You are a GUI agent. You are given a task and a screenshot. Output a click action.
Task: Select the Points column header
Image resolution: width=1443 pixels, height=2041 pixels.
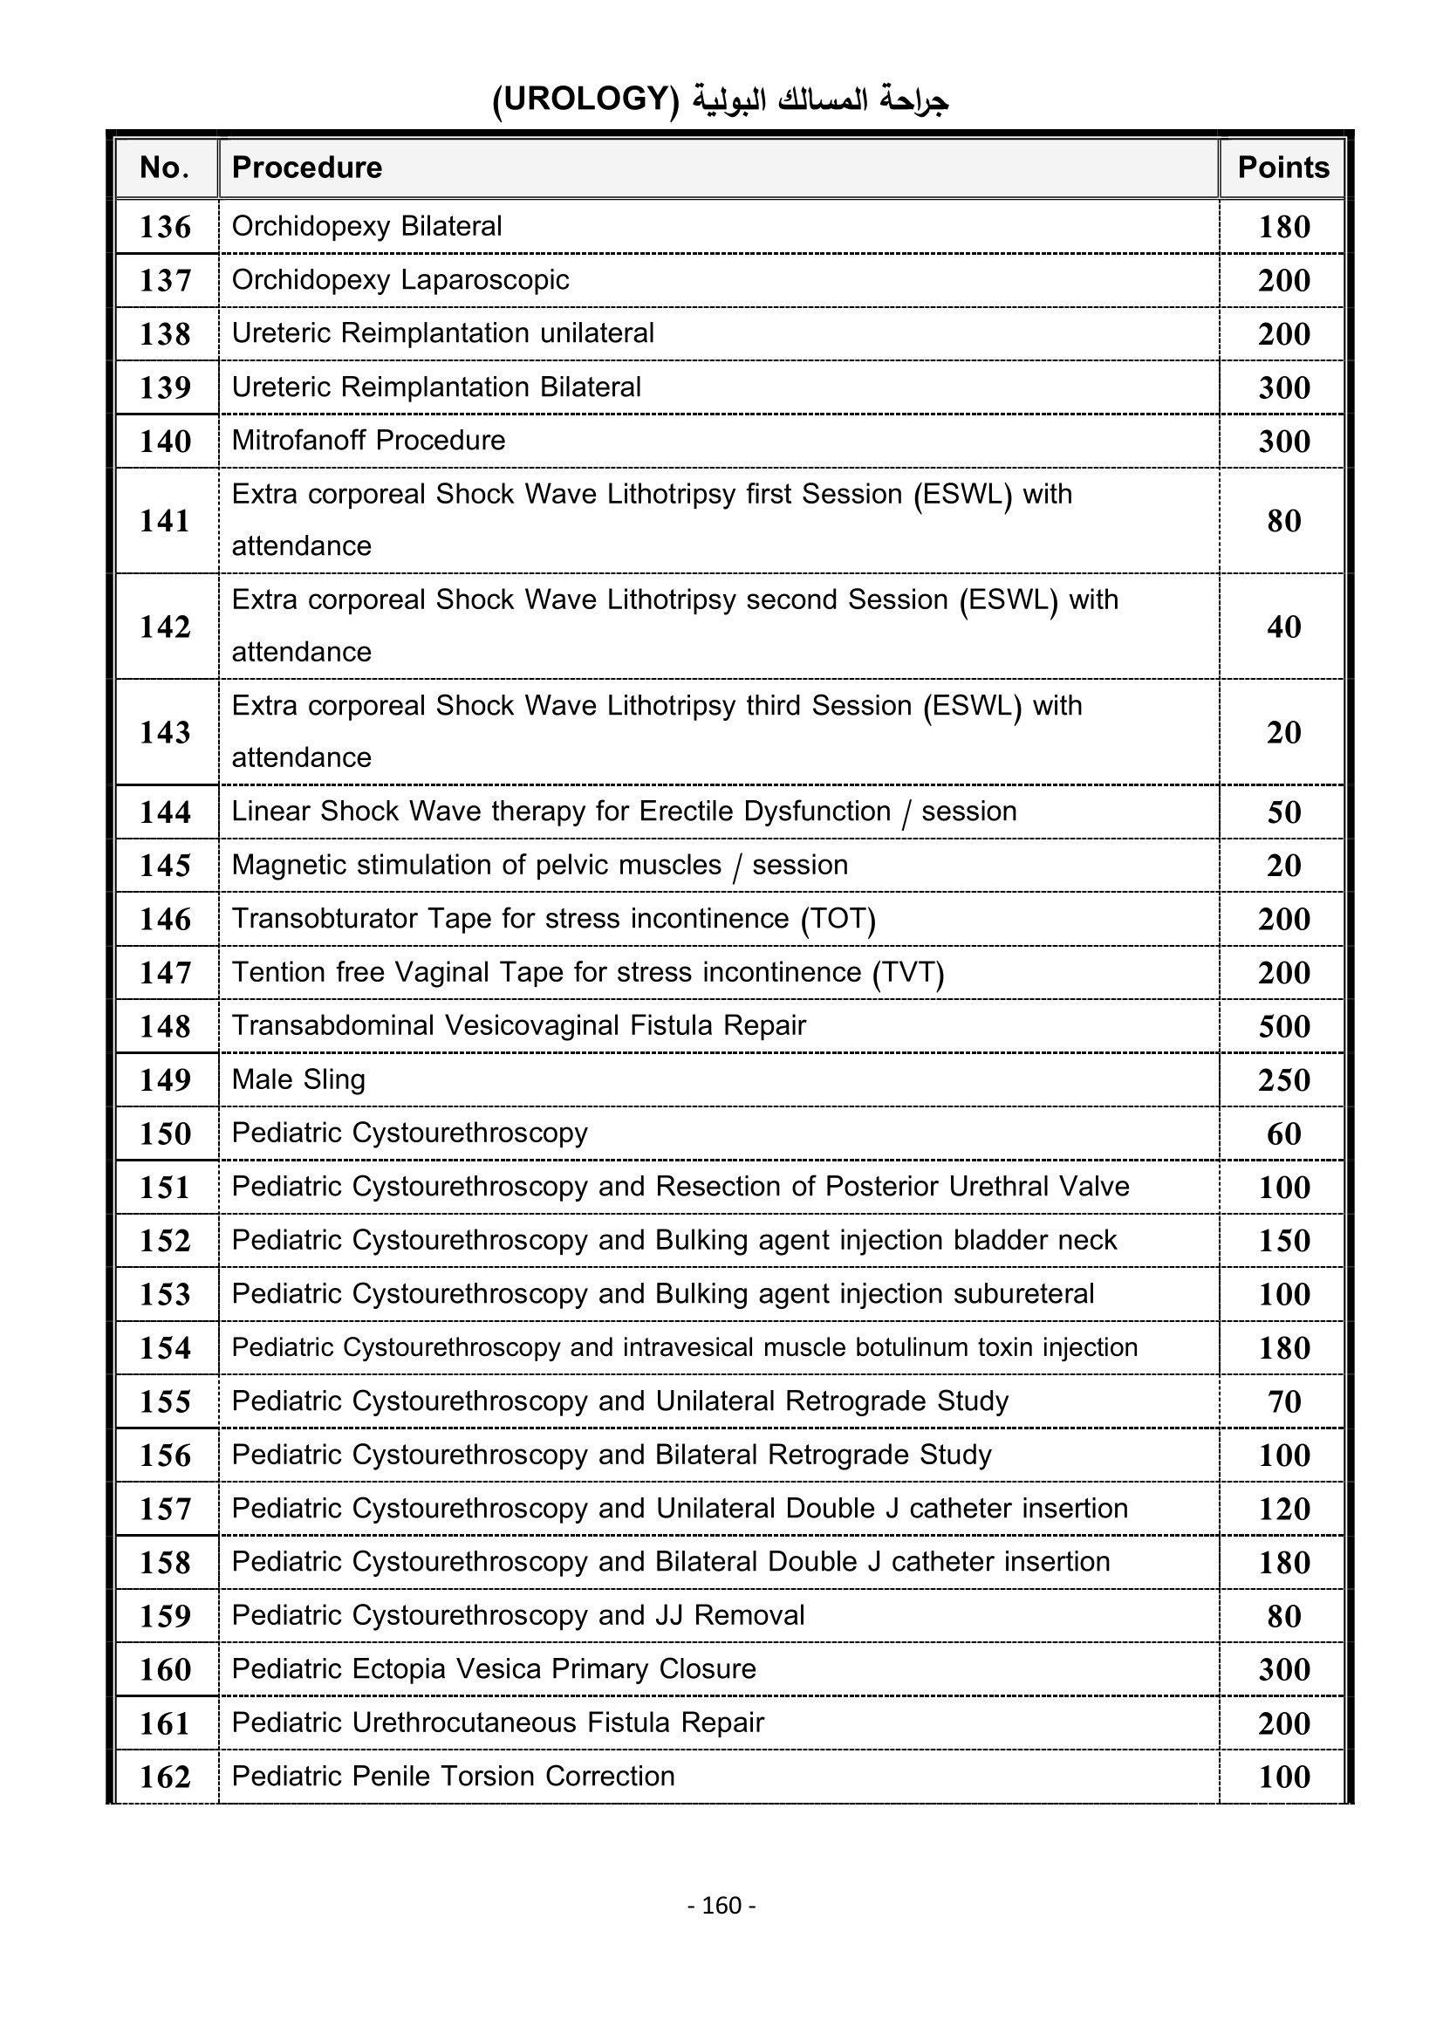click(1282, 168)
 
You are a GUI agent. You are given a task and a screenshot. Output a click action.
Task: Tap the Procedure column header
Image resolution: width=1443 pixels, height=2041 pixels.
click(306, 168)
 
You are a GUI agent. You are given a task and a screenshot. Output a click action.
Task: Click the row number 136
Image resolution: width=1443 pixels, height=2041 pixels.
click(165, 227)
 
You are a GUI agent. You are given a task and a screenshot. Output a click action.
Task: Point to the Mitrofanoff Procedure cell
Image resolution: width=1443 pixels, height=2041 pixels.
click(368, 440)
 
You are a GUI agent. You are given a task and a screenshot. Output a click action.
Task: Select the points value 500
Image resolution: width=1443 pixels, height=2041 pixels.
click(1284, 1026)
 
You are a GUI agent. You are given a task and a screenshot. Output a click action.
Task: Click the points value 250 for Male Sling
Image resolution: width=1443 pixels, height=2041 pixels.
click(1284, 1079)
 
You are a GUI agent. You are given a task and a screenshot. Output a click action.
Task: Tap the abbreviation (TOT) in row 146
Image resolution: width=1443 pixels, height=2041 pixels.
click(838, 918)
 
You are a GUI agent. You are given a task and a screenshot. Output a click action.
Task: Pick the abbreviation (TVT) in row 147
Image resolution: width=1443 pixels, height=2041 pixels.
click(907, 971)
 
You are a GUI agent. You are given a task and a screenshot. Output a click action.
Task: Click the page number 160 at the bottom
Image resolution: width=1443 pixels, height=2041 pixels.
click(721, 1905)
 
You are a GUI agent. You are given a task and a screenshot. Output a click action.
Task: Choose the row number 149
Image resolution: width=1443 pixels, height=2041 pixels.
click(165, 1079)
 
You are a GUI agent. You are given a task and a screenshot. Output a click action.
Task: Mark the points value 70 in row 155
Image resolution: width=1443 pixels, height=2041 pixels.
click(1284, 1401)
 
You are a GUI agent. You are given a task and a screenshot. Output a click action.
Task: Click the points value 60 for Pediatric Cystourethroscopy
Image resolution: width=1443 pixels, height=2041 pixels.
click(1284, 1134)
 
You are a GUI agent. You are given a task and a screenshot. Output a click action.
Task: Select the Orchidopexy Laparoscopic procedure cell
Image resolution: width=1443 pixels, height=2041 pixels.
click(400, 280)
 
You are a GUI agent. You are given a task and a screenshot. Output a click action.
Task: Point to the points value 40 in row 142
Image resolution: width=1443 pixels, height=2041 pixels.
click(1284, 627)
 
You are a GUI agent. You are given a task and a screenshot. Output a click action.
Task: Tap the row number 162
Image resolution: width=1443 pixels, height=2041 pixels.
click(165, 1776)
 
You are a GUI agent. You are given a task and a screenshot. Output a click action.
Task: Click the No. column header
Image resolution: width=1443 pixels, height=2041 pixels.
click(165, 168)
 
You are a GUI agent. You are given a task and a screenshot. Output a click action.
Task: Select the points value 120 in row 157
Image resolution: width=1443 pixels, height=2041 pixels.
click(1284, 1509)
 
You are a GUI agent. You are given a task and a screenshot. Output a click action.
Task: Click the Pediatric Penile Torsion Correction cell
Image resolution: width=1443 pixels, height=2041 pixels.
click(453, 1775)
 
